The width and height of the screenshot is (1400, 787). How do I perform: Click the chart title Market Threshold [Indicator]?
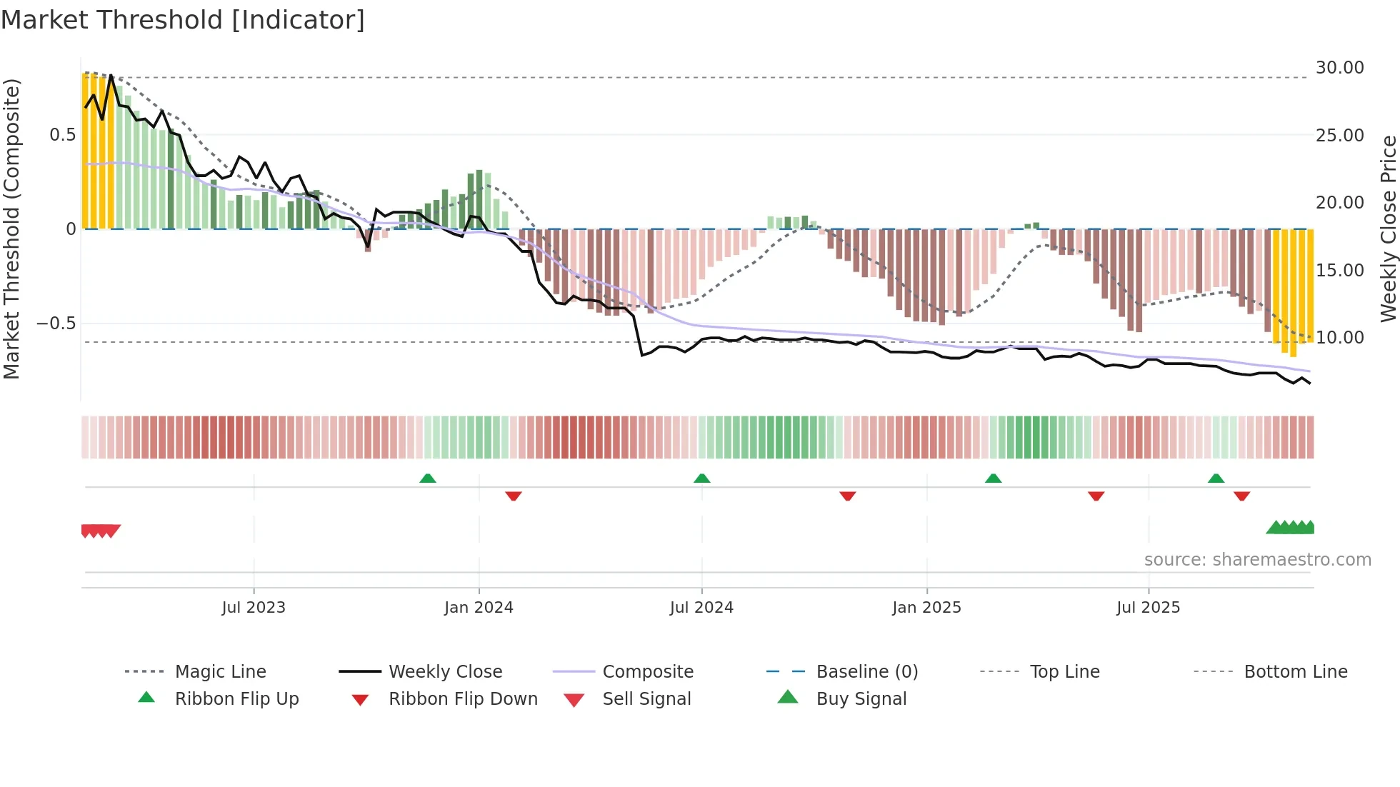click(x=183, y=20)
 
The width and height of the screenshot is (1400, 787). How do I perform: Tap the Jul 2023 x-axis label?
click(x=253, y=608)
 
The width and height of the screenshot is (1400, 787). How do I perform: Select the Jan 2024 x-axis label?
click(x=479, y=608)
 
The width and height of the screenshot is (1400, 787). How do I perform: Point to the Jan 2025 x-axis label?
click(x=926, y=608)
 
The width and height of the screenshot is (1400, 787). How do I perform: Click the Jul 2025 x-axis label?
click(x=1148, y=608)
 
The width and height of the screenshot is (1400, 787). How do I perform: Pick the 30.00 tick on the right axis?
click(x=1339, y=68)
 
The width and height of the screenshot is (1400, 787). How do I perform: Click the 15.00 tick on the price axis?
click(x=1339, y=271)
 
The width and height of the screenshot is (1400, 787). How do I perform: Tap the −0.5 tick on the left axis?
click(x=56, y=324)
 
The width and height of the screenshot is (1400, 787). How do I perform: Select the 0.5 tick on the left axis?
click(x=62, y=135)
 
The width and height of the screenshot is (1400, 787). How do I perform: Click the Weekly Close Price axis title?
click(x=1388, y=229)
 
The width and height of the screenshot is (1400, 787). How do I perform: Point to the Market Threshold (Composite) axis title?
click(x=11, y=229)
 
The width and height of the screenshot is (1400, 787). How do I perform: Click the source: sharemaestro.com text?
click(x=1257, y=560)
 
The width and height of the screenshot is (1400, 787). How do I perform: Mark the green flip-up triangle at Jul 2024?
click(x=701, y=478)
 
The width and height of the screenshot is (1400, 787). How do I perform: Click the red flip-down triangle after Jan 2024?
click(x=513, y=496)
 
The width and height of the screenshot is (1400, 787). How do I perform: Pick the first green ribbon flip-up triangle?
click(x=427, y=478)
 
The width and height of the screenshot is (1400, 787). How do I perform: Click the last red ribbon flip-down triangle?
click(x=1241, y=496)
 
